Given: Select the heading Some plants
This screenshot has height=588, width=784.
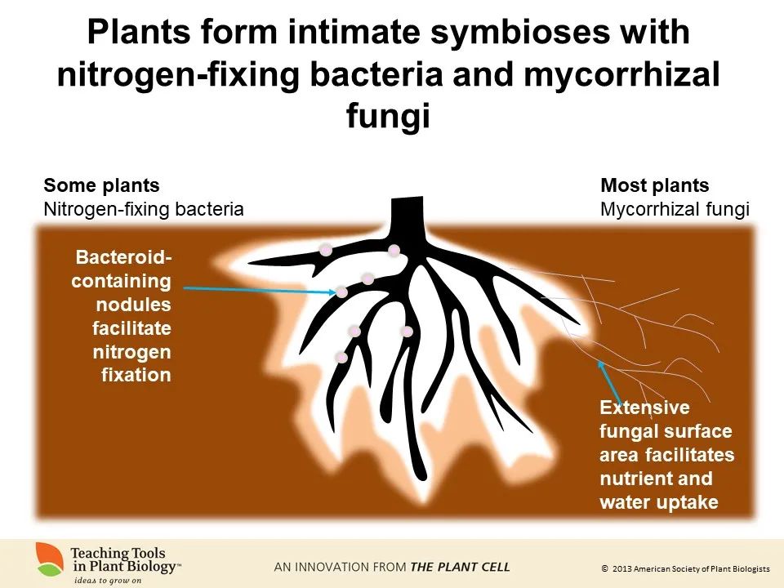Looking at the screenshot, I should (x=101, y=185).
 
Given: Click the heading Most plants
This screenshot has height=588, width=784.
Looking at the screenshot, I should (x=655, y=185).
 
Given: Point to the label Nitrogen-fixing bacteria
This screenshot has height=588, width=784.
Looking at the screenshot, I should (x=144, y=209).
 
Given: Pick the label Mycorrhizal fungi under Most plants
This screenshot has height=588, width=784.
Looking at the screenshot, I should (x=675, y=209).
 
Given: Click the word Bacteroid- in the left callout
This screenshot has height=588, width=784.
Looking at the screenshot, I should (x=124, y=258).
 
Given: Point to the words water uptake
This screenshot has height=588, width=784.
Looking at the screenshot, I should (x=659, y=502).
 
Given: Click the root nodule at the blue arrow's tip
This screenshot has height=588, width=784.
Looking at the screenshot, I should (x=341, y=292).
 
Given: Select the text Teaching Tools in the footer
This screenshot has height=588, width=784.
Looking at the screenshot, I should (x=115, y=552).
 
